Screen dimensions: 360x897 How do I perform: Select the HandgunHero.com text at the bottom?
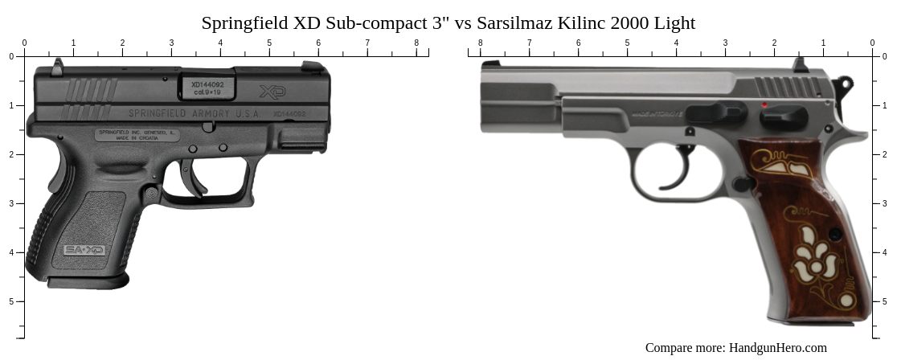777,348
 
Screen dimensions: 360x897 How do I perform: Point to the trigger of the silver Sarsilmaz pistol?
682,169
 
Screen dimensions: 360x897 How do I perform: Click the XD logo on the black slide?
272,92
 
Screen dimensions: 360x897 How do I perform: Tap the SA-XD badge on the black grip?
84,250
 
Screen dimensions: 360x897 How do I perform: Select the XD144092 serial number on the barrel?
207,84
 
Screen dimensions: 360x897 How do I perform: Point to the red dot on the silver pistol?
764,104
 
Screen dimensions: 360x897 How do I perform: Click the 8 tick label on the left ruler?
416,43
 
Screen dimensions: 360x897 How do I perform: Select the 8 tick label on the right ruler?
481,43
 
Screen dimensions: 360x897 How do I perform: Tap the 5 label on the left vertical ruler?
11,301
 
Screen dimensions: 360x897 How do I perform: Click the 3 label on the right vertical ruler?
885,203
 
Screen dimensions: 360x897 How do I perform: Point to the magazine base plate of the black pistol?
87,280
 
